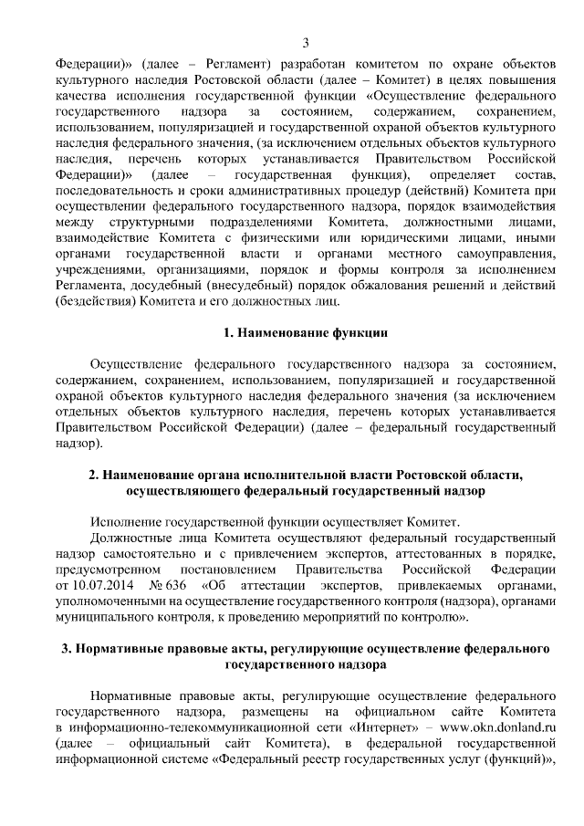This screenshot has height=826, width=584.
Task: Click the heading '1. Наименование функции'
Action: coord(306,333)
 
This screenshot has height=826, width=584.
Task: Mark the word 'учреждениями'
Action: coord(98,269)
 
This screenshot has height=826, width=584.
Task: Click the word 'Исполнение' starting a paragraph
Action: coord(124,521)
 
